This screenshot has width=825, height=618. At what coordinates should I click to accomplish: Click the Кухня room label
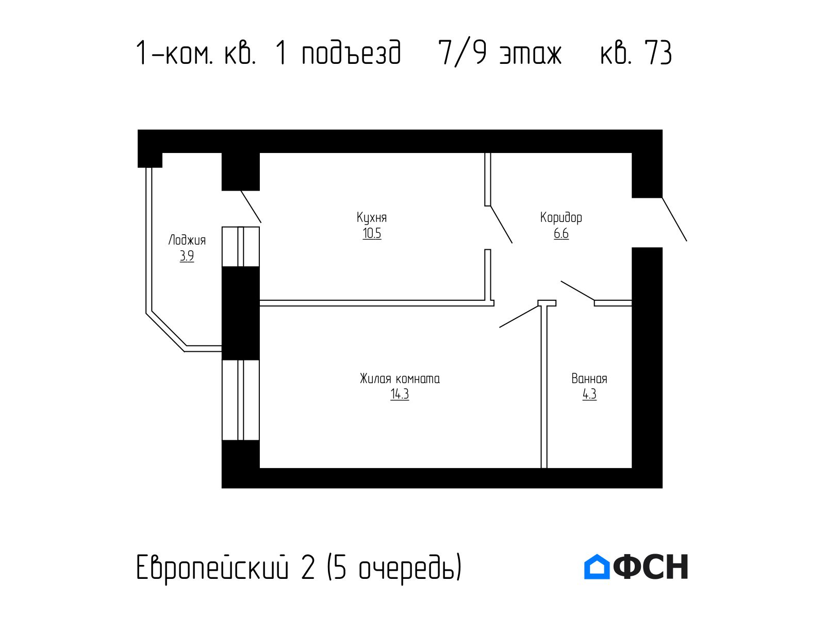coord(371,218)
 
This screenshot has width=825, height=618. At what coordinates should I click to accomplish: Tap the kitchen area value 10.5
coord(372,233)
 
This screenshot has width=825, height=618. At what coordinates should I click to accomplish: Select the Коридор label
coord(561,218)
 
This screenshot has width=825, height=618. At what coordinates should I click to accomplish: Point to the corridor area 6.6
coord(561,233)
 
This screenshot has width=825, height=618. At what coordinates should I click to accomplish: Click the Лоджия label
coord(187,240)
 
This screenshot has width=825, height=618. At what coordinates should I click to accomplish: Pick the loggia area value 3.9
coord(187,256)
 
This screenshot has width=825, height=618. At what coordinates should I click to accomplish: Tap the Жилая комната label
coord(400,379)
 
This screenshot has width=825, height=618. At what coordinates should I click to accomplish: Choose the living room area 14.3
coord(400,394)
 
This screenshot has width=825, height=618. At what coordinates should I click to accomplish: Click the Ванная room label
coord(589,379)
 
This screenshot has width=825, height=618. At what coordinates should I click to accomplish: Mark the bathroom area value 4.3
coord(589,394)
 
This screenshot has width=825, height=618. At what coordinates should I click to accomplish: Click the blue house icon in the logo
coord(597,566)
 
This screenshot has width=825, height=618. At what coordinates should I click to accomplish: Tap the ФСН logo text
coord(650,566)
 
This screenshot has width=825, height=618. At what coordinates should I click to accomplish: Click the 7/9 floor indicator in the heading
coord(463,53)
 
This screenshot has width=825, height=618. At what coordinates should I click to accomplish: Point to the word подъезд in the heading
coord(352,53)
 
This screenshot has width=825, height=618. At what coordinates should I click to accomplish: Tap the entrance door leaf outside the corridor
coord(674,219)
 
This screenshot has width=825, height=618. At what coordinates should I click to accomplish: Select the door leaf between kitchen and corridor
coord(501,225)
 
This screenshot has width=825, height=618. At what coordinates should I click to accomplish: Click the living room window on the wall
coord(241,400)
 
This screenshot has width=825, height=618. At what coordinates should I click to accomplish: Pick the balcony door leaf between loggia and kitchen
coord(251,207)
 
